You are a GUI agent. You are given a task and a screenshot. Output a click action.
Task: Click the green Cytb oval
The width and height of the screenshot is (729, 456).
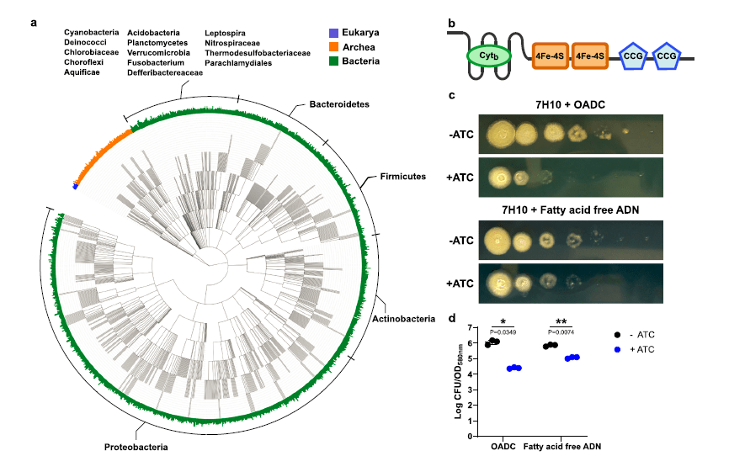(x=483, y=57)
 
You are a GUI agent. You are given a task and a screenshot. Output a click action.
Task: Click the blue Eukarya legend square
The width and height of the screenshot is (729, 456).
(x=333, y=34)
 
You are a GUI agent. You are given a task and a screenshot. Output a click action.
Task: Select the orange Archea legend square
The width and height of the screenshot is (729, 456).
(x=333, y=47)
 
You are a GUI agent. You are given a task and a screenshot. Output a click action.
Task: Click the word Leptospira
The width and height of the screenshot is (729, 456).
(x=226, y=32)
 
